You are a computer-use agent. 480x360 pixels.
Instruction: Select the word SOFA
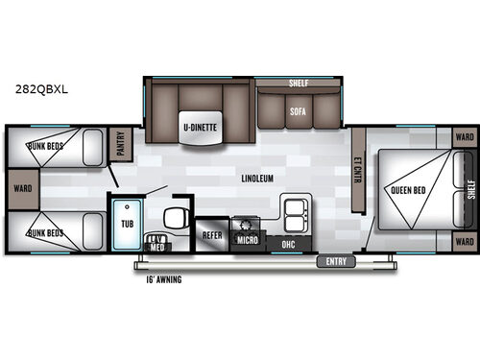298,110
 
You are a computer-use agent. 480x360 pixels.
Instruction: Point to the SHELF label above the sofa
299,84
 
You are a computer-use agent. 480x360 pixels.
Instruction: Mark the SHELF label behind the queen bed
470,190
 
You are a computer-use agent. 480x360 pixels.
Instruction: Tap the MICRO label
248,238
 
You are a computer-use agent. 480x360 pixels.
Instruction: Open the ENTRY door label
334,260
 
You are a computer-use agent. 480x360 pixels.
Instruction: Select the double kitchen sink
294,209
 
